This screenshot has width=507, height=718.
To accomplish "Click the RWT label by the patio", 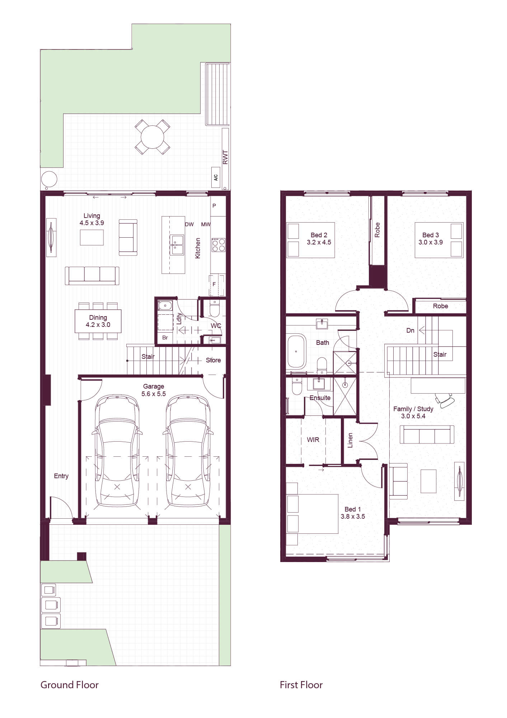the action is tap(225, 157).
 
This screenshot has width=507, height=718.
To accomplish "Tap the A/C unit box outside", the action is tap(216, 177).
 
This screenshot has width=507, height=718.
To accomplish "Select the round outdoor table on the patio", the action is tap(152, 137).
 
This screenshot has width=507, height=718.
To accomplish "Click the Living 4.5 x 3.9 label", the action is tap(92, 219).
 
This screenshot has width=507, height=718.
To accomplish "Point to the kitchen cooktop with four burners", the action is tap(218, 244).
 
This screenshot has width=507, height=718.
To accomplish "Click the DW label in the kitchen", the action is tap(189, 224).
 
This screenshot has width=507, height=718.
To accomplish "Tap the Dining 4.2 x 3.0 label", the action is tap(98, 321).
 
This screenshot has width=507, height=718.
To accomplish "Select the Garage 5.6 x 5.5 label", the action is tap(154, 390).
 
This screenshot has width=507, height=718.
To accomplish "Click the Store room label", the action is tap(213, 360).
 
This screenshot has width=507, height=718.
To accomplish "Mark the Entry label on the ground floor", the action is tap(61, 476).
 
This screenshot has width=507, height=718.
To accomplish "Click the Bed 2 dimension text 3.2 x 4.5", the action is tap(319, 242).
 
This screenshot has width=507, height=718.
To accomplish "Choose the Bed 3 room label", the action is tap(431, 235).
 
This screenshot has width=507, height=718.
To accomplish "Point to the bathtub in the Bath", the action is tap(296, 351).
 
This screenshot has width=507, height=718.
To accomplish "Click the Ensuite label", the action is tap(320, 398).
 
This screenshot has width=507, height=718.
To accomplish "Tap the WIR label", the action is tap(313, 439).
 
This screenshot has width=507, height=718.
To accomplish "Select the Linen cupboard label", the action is tap(350, 440).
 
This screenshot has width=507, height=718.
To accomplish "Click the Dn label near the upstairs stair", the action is tap(410, 330).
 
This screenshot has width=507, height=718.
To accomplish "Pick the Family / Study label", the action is tap(413, 409).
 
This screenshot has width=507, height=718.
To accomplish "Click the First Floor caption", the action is tap(301, 685).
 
